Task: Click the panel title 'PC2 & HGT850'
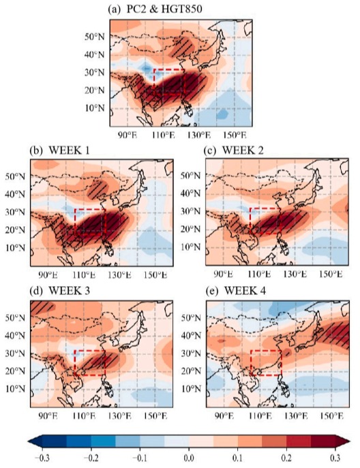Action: click(x=164, y=9)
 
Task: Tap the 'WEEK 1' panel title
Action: click(x=69, y=150)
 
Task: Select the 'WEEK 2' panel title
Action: click(x=243, y=150)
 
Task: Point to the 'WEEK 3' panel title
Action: click(x=69, y=290)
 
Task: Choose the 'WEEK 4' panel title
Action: click(x=245, y=290)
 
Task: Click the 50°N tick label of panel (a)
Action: click(x=95, y=37)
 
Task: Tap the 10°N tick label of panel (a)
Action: click(x=95, y=108)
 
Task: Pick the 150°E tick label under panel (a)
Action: click(x=235, y=135)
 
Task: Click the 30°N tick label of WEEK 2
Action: click(x=190, y=211)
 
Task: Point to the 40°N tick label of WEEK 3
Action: click(x=15, y=335)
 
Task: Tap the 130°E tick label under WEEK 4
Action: click(x=295, y=415)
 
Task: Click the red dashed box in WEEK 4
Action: click(x=251, y=362)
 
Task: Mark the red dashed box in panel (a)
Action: click(x=154, y=82)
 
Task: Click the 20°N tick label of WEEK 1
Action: click(x=15, y=230)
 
